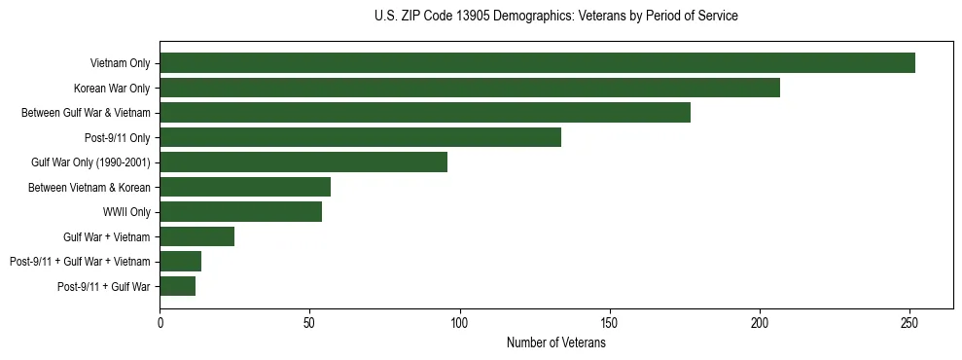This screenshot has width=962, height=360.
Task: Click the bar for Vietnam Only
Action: click(537, 63)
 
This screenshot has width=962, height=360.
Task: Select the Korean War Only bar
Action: click(470, 88)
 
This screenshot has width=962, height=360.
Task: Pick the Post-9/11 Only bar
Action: click(361, 137)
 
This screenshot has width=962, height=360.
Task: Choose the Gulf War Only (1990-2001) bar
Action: click(303, 162)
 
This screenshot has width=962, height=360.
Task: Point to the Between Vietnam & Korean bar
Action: click(245, 187)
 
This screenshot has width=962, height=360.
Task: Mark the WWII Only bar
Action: click(241, 212)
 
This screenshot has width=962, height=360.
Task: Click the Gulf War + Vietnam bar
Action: click(197, 236)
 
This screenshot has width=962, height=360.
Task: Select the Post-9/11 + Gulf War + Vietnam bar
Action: click(181, 261)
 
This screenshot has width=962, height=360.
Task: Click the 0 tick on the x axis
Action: click(160, 322)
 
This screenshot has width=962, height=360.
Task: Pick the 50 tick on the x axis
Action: click(309, 322)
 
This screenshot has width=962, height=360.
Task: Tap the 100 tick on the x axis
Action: click(459, 322)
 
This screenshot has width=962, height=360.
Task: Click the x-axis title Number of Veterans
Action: click(555, 342)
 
